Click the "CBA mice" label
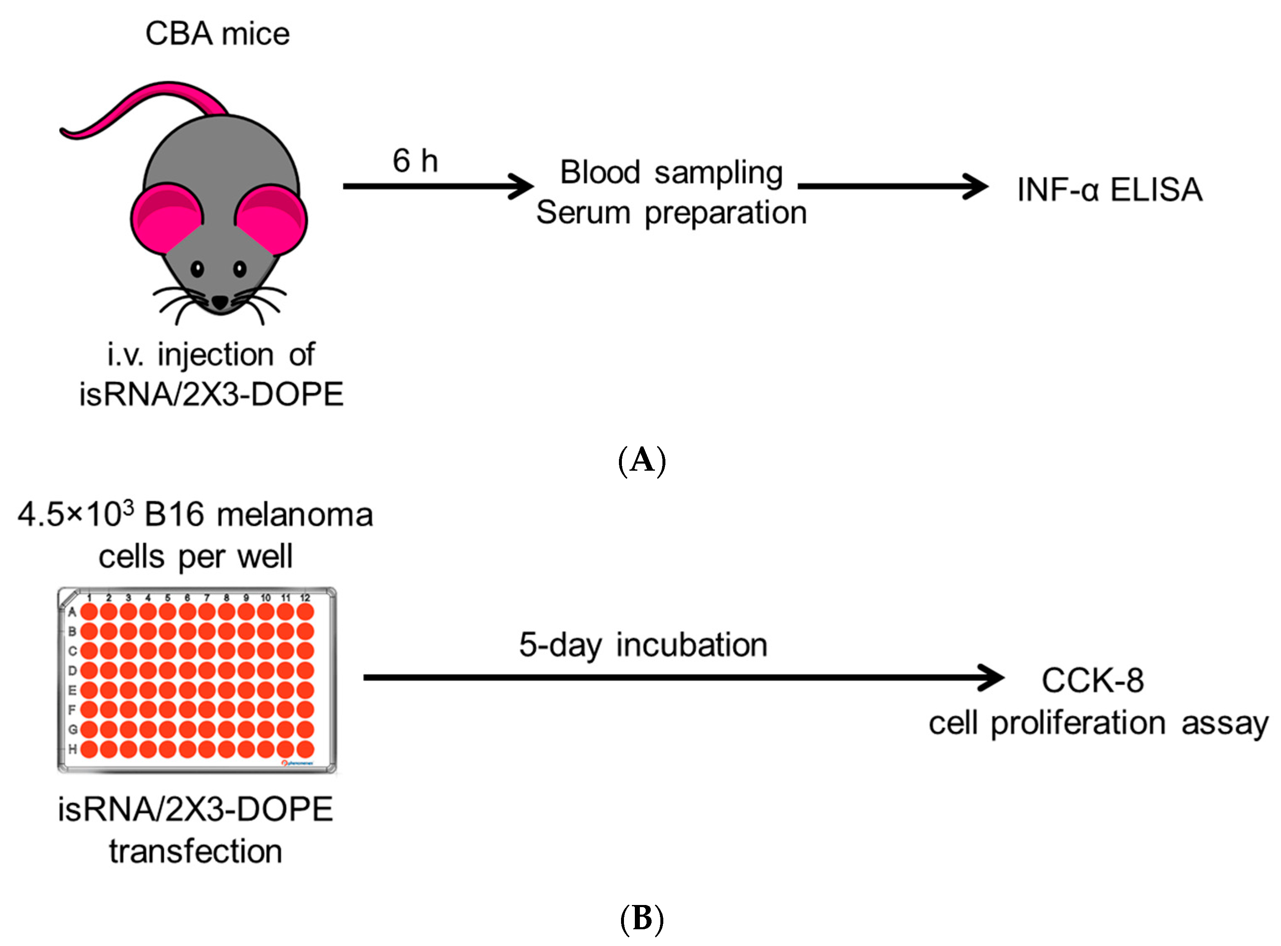pyautogui.click(x=218, y=34)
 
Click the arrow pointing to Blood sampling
pyautogui.click(x=439, y=186)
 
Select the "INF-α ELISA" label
pyautogui.click(x=1110, y=190)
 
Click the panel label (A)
pyautogui.click(x=642, y=460)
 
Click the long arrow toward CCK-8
pyautogui.click(x=684, y=678)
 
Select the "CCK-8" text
pyautogui.click(x=1093, y=680)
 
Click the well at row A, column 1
pyautogui.click(x=89, y=612)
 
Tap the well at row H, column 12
pyautogui.click(x=305, y=749)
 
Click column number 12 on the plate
pyautogui.click(x=305, y=597)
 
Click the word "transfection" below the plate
pyautogui.click(x=196, y=851)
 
